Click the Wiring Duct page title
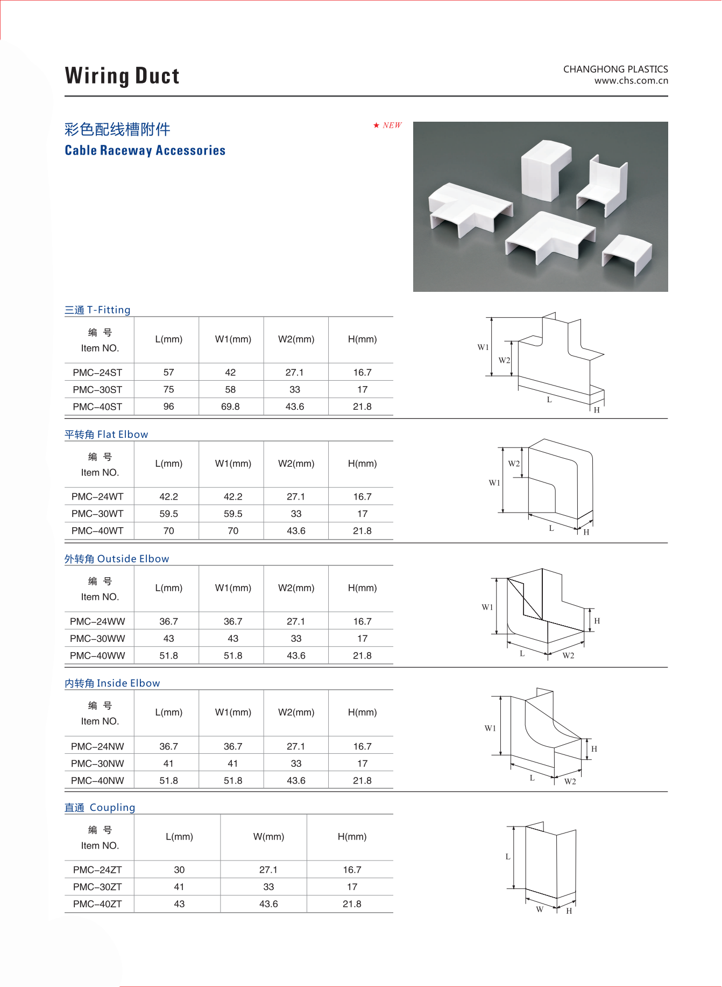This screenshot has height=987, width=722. tap(122, 76)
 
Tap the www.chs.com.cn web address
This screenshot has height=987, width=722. tap(631, 81)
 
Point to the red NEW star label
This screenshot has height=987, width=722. tap(388, 125)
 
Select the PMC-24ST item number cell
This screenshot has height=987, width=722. tap(97, 373)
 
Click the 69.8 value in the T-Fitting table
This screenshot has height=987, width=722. tap(230, 407)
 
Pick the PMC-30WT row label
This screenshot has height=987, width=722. tap(97, 514)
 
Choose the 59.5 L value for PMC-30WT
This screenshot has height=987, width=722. tap(168, 514)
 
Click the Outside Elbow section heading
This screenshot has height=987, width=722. tap(117, 559)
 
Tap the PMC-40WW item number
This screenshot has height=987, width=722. tap(97, 656)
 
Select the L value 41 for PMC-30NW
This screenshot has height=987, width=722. tap(168, 764)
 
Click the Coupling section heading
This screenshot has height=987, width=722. tap(100, 808)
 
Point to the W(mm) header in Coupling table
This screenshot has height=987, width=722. tap(268, 837)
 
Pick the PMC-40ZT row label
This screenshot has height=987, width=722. tap(97, 904)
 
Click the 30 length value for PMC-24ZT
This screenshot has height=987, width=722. tap(179, 870)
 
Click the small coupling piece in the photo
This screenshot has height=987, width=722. tap(627, 254)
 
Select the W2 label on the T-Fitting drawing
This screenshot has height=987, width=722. tap(504, 360)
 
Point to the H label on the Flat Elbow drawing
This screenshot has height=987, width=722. tap(586, 532)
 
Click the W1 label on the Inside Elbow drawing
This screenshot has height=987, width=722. tap(490, 728)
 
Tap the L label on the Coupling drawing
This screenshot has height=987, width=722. tap(507, 856)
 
